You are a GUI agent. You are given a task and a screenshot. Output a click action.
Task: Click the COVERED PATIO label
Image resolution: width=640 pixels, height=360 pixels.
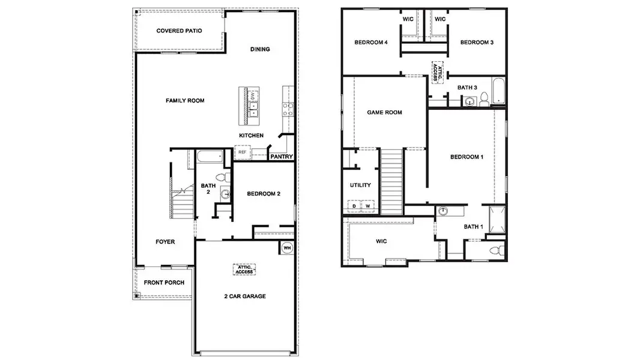pyautogui.click(x=179, y=31)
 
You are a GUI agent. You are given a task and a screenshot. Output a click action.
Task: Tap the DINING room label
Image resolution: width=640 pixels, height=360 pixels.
pyautogui.click(x=260, y=49)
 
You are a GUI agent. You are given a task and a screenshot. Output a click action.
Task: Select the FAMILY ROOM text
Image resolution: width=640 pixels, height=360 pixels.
pyautogui.click(x=185, y=101)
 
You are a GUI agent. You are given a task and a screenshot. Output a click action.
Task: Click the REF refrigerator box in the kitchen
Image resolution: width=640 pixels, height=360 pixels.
pyautogui.click(x=242, y=152)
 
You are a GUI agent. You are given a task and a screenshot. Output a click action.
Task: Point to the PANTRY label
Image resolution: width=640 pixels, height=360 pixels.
pyautogui.click(x=281, y=157)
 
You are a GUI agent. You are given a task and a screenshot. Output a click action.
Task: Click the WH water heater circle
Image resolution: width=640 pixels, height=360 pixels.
pyautogui.click(x=286, y=247)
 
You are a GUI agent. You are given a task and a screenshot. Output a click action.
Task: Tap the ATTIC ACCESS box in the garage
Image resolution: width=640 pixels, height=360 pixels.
pyautogui.click(x=245, y=270)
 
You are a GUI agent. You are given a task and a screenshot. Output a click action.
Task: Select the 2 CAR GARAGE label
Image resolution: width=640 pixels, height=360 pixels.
pyautogui.click(x=245, y=296)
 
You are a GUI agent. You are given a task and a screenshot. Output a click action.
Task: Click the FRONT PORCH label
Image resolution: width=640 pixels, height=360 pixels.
pyautogui.click(x=164, y=283)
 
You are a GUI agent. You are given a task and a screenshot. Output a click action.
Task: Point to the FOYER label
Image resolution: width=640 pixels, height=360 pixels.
pyautogui.click(x=165, y=242)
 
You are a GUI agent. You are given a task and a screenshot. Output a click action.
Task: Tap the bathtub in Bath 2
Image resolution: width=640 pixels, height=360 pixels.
pyautogui.click(x=209, y=157)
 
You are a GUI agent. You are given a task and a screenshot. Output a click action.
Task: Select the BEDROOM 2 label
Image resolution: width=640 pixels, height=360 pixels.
pyautogui.click(x=264, y=194)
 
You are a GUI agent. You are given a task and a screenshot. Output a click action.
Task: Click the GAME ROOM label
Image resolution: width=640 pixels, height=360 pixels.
pyautogui.click(x=385, y=112)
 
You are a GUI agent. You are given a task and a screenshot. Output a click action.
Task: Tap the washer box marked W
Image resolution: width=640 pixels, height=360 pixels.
pyautogui.click(x=367, y=206)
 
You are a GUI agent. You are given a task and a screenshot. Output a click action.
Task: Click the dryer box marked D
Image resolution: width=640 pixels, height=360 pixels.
pyautogui.click(x=354, y=206)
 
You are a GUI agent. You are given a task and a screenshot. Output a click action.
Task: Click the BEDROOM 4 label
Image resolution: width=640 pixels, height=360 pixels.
pyautogui.click(x=371, y=42)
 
